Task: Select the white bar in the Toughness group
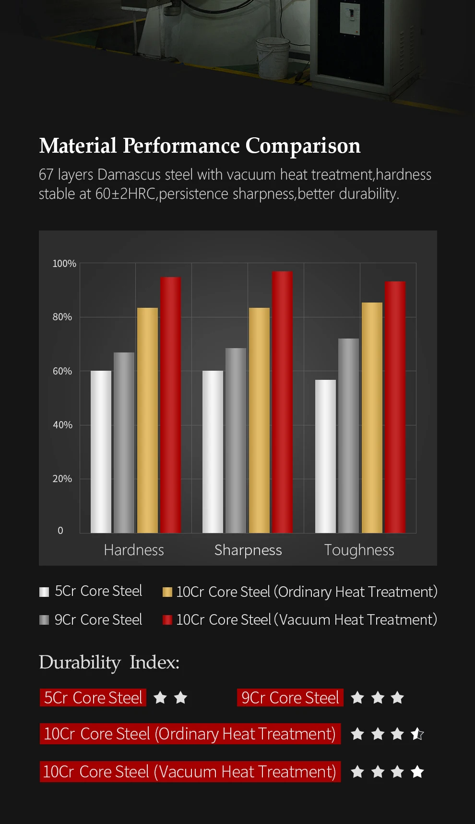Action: click(325, 456)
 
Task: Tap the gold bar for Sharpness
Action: click(259, 420)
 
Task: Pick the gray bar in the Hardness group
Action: click(124, 442)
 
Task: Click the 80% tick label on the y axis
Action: click(62, 317)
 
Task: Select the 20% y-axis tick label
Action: click(62, 479)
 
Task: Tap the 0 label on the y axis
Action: click(60, 531)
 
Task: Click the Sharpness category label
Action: click(248, 550)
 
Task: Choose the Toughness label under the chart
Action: click(359, 550)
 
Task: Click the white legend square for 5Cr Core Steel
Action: click(44, 592)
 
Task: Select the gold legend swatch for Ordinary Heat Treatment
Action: click(167, 592)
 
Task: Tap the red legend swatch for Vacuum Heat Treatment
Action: click(167, 620)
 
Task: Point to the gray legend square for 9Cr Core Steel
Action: click(44, 620)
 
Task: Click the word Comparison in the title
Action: click(303, 146)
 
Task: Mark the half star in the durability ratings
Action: click(417, 734)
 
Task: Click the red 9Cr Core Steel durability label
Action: click(290, 698)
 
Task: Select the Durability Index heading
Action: click(109, 662)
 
